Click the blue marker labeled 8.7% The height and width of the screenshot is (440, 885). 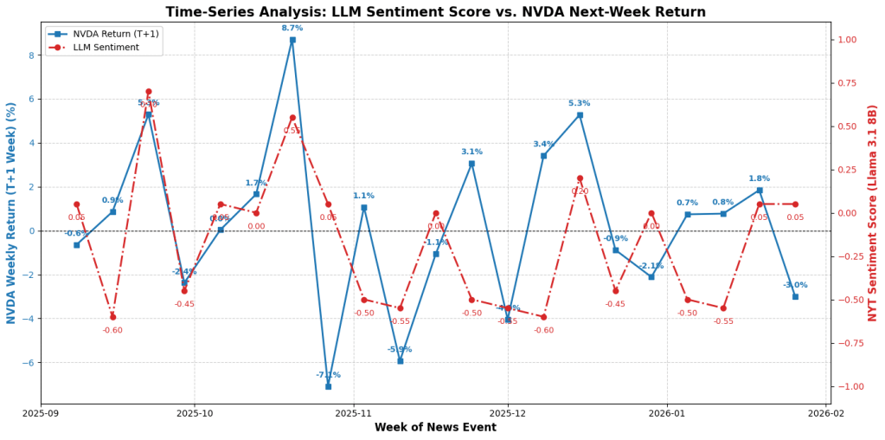tap(292, 40)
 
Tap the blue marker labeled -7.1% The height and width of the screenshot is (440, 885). tap(328, 386)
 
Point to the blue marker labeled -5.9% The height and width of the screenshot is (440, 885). tap(400, 360)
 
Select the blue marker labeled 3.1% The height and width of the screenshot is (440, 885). tap(471, 163)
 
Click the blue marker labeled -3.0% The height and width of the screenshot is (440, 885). tap(795, 296)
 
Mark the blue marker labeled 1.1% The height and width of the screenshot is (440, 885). tap(364, 207)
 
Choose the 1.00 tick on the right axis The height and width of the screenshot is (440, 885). tap(846, 40)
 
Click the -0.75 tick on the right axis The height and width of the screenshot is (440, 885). tap(848, 343)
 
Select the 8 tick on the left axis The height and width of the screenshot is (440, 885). tap(30, 55)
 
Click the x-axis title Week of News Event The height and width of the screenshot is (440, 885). tap(434, 428)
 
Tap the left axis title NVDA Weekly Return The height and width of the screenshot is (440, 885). tap(11, 213)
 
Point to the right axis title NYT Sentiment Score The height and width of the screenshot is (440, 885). tap(873, 213)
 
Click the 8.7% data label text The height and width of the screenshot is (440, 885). tap(292, 29)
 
